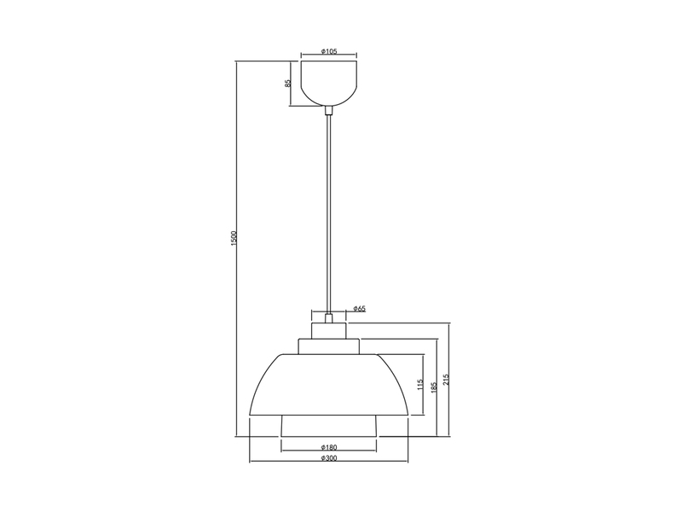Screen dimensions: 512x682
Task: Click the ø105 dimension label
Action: click(x=330, y=52)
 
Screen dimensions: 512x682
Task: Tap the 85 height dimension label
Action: click(x=288, y=84)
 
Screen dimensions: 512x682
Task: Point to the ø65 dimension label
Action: click(x=360, y=309)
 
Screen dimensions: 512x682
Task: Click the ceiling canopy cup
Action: click(x=330, y=80)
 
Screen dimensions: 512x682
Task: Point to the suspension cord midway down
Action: click(x=330, y=213)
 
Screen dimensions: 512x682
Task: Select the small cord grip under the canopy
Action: click(x=330, y=109)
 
